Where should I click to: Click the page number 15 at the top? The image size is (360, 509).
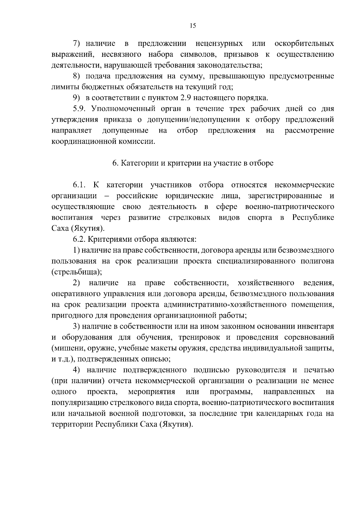193,26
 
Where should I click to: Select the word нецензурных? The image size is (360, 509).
219,44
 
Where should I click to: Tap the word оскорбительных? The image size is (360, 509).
304,44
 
